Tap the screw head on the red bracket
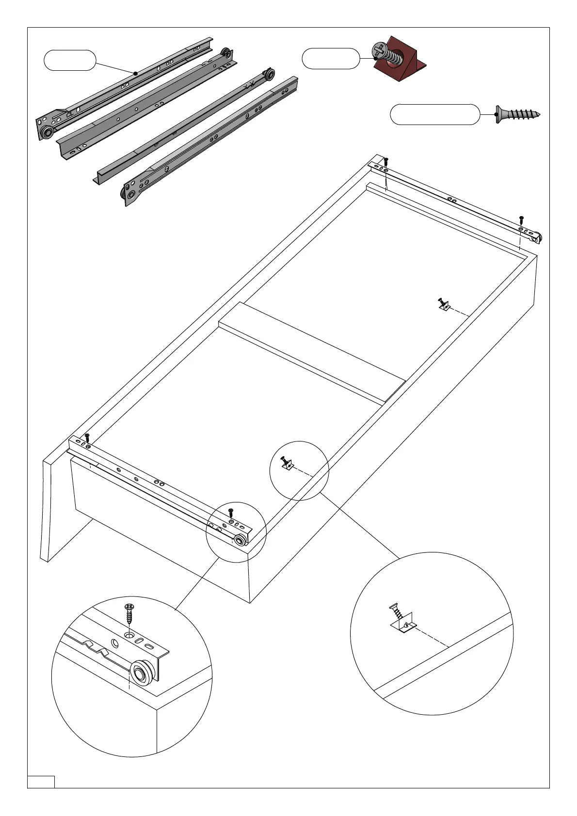pos(379,50)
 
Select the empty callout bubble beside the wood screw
pos(434,114)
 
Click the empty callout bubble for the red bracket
pos(331,59)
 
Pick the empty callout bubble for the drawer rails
pos(70,60)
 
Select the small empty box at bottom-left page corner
pos(41,782)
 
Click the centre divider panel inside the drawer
pos(310,349)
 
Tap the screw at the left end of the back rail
pos(386,161)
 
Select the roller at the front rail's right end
pos(240,540)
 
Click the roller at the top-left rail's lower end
pos(47,133)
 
